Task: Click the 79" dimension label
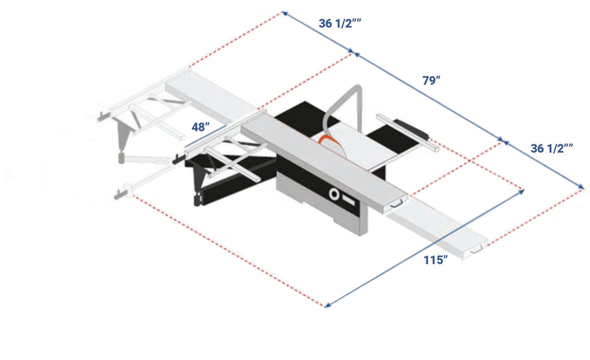431,81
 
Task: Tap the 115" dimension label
436,260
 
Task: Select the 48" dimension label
201,127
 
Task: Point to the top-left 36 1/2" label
340,23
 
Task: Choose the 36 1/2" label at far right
552,149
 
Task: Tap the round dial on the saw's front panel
334,194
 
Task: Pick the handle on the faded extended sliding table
477,249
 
